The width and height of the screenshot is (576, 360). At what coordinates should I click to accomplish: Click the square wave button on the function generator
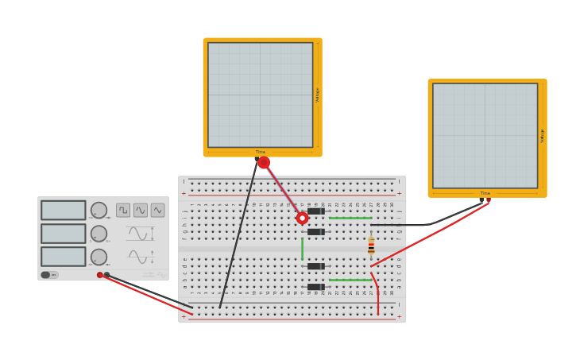123,210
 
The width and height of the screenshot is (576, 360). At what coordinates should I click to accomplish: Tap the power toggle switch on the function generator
46,275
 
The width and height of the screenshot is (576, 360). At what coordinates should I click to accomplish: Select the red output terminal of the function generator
100,275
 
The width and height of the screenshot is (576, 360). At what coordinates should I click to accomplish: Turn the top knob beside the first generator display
99,210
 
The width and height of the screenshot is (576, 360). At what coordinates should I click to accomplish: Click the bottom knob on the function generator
99,257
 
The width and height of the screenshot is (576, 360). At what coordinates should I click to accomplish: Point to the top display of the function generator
64,210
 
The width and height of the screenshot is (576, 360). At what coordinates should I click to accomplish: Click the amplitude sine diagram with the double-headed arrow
140,234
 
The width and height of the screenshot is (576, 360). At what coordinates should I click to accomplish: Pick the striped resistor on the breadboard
371,246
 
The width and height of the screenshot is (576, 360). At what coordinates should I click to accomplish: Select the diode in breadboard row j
315,211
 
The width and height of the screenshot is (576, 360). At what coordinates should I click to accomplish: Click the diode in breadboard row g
315,232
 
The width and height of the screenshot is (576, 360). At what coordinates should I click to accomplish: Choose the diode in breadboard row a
315,287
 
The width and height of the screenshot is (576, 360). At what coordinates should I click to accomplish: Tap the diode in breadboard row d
315,266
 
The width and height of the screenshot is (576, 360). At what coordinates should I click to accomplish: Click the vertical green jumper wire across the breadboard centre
302,249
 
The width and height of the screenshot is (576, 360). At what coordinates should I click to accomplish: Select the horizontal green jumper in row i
350,218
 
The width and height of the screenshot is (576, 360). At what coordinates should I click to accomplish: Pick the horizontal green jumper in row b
350,280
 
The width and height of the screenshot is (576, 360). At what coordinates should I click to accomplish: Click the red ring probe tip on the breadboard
302,218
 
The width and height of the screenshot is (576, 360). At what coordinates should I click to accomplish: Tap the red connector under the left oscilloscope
264,162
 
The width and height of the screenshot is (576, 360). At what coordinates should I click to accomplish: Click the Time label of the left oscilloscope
261,152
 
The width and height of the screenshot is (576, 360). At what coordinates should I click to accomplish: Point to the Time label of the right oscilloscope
485,193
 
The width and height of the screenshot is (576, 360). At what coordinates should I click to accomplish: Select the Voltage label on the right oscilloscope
543,135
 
